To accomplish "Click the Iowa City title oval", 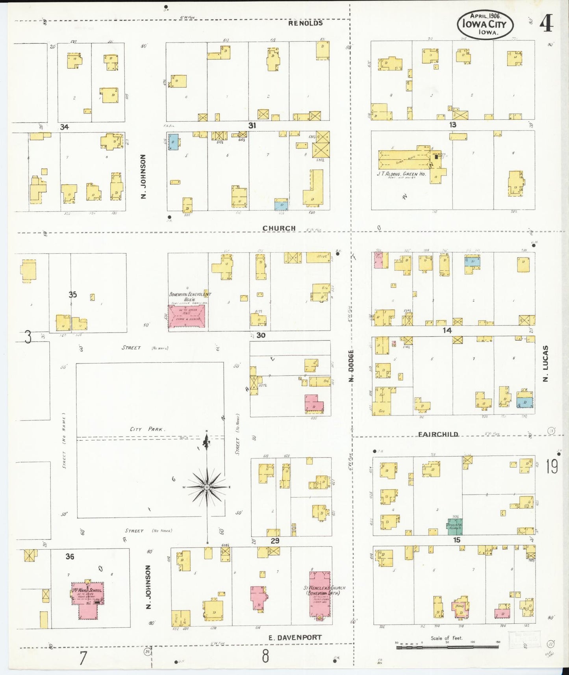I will (x=485, y=24).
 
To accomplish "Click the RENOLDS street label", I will (x=305, y=23).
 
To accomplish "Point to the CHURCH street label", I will (x=279, y=228).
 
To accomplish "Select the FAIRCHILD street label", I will (x=438, y=434).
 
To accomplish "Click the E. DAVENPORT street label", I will (x=295, y=637).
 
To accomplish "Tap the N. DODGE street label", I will (x=351, y=366).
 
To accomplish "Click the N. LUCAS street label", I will (x=545, y=363).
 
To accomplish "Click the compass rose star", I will (x=207, y=487).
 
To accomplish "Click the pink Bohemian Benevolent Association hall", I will (x=186, y=315).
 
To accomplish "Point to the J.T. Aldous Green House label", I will (x=401, y=174).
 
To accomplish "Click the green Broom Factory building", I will (x=454, y=526).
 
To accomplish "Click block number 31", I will (x=252, y=125).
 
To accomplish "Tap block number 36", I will (x=70, y=556).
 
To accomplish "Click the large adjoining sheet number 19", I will (x=551, y=467).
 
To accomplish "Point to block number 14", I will (x=447, y=330).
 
